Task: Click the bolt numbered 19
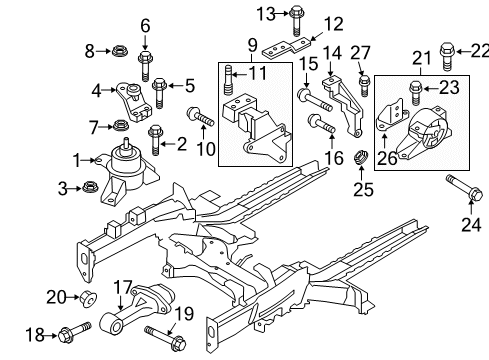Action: pos(162,331)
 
